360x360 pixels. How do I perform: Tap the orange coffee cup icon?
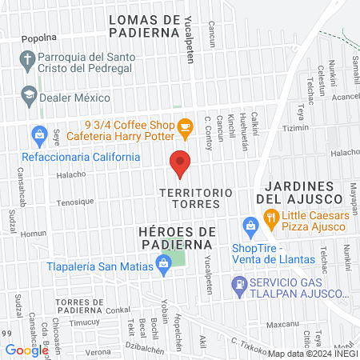pyautogui.click(x=185, y=126)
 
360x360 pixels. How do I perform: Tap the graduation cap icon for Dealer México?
pyautogui.click(x=29, y=95)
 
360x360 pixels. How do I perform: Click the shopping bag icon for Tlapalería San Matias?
pyautogui.click(x=164, y=262)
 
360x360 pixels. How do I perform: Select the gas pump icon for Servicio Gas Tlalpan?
pyautogui.click(x=238, y=283)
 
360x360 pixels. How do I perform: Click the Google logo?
pyautogui.click(x=27, y=350)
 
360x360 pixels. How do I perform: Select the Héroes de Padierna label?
pyautogui.click(x=168, y=238)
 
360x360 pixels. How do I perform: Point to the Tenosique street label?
pyautogui.click(x=74, y=202)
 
